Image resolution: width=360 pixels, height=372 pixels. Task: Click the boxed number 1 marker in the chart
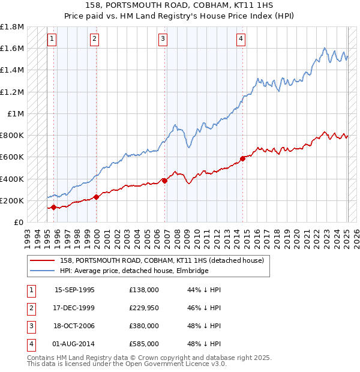pyautogui.click(x=53, y=40)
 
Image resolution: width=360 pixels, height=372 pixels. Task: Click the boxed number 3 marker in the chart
pyautogui.click(x=163, y=40)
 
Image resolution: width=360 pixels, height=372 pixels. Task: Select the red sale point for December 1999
pyautogui.click(x=97, y=197)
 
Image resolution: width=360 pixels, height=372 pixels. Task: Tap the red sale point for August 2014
pyautogui.click(x=243, y=158)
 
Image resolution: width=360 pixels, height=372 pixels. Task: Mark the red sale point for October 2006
pyautogui.click(x=165, y=181)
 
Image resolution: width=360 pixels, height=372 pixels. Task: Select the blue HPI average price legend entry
pyautogui.click(x=134, y=271)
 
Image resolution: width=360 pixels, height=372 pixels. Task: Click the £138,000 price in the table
pyautogui.click(x=144, y=290)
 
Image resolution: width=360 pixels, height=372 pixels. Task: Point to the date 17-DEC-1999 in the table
pyautogui.click(x=74, y=308)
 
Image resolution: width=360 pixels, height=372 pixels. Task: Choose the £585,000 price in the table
pyautogui.click(x=144, y=344)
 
